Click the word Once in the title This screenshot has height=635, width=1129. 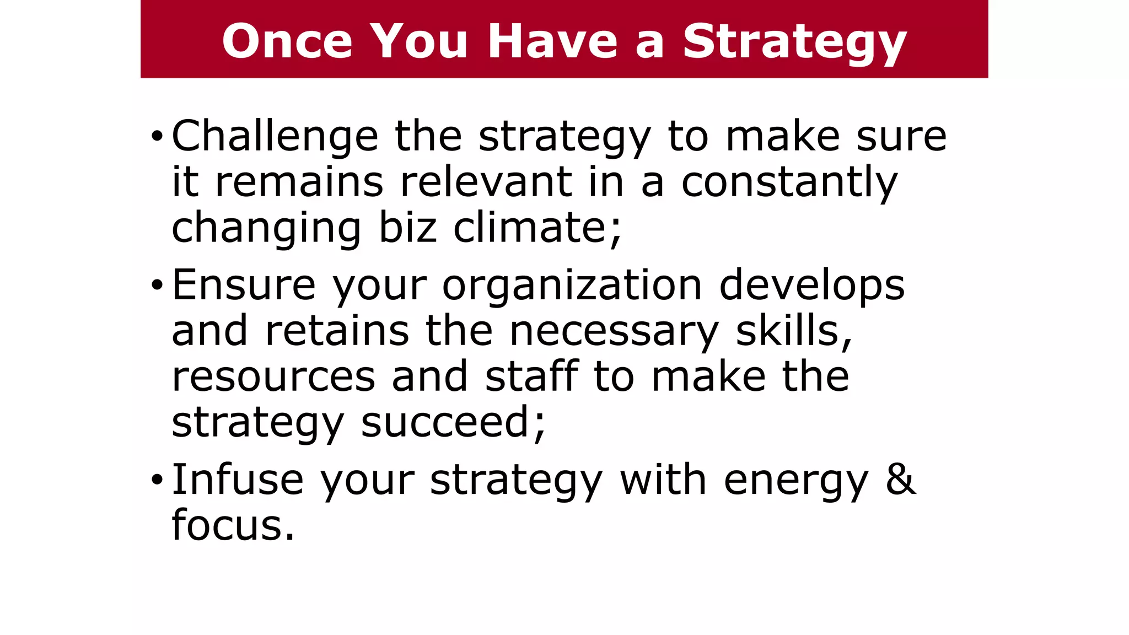pyautogui.click(x=287, y=41)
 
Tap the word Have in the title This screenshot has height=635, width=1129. pyautogui.click(x=552, y=41)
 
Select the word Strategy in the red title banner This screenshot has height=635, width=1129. pyautogui.click(x=794, y=43)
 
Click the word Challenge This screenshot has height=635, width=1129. pyautogui.click(x=275, y=137)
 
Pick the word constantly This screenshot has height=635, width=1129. pyautogui.click(x=789, y=183)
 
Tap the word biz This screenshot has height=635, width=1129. pyautogui.click(x=407, y=228)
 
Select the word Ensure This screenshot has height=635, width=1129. pyautogui.click(x=244, y=286)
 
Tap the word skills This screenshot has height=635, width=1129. pyautogui.click(x=794, y=332)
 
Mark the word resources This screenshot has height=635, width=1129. pyautogui.click(x=273, y=378)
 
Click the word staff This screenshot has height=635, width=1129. pyautogui.click(x=532, y=376)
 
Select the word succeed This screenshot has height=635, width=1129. pyautogui.click(x=452, y=423)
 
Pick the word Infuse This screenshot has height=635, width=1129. pyautogui.click(x=238, y=480)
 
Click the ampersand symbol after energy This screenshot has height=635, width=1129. pyautogui.click(x=901, y=480)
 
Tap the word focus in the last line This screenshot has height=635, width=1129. pyautogui.click(x=233, y=525)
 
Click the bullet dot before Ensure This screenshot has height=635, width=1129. pyautogui.click(x=157, y=286)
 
